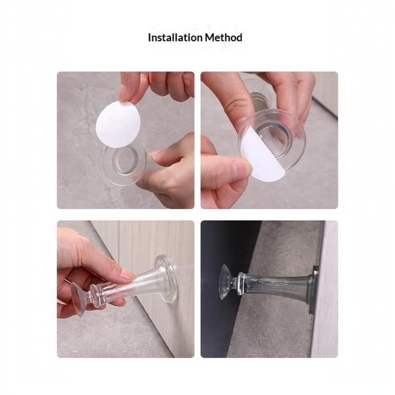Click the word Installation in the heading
pos(175,38)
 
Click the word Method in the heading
pos(224,38)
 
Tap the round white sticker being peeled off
pos(118,124)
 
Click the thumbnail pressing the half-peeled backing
pos(240,168)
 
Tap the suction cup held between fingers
pos(78,298)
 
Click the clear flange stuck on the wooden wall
pos(164,278)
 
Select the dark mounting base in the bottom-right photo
pos(315,289)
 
